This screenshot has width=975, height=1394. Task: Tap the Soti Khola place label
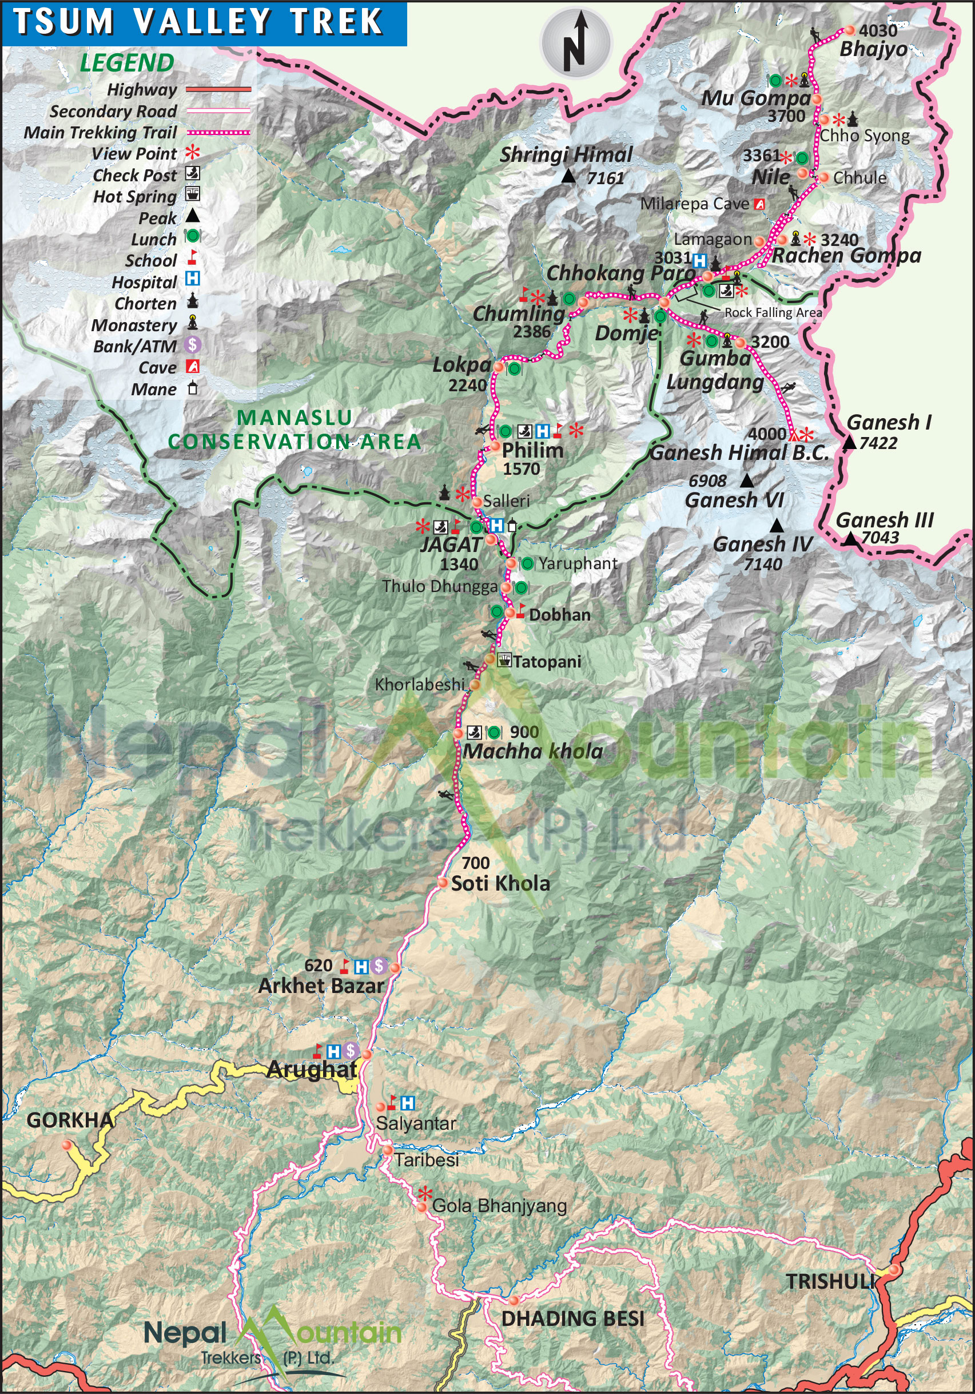coord(500,883)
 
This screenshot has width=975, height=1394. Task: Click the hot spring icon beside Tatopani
coord(504,660)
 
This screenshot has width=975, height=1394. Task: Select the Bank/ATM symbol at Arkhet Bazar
coord(379,966)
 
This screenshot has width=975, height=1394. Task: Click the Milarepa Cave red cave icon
coord(759,204)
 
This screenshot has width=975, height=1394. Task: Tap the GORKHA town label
coord(70,1120)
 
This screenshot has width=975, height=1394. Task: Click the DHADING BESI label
coord(572,1318)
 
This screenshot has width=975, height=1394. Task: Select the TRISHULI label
coord(830,1282)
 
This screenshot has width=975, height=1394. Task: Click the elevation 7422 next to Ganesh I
coord(878,443)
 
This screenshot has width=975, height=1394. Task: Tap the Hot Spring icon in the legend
coord(193,194)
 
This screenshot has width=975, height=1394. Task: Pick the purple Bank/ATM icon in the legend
coord(193,345)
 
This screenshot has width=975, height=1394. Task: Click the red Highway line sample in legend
coord(218,89)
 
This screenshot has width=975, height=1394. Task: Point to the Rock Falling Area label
coord(773,313)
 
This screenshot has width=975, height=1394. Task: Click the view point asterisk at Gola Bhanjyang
coord(425,1194)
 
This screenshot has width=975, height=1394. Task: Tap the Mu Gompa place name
coord(755,98)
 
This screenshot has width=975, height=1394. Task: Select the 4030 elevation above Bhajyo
coord(878,30)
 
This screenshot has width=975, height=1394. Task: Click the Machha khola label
coord(532,752)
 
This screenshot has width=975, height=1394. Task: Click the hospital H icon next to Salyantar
coord(408,1103)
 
